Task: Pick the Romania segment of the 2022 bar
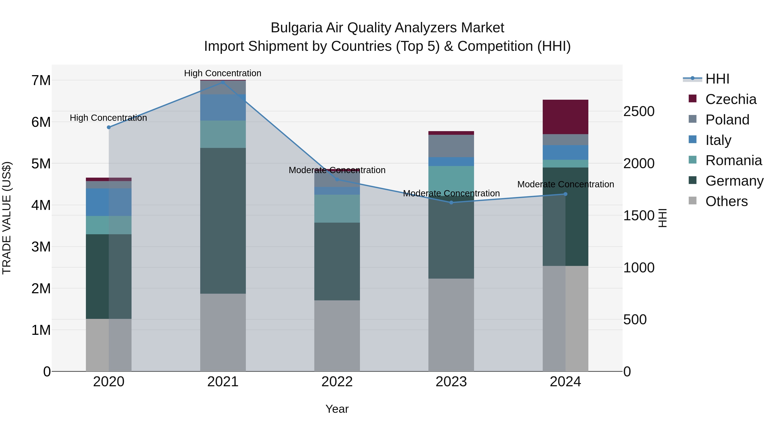point(337,208)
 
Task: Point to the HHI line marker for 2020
point(109,127)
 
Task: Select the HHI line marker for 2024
point(565,194)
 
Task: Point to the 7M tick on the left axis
point(41,80)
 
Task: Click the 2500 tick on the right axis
point(639,111)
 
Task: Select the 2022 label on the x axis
point(337,382)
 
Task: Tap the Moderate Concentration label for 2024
point(565,184)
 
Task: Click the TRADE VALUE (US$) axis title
point(7,218)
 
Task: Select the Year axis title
point(337,409)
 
